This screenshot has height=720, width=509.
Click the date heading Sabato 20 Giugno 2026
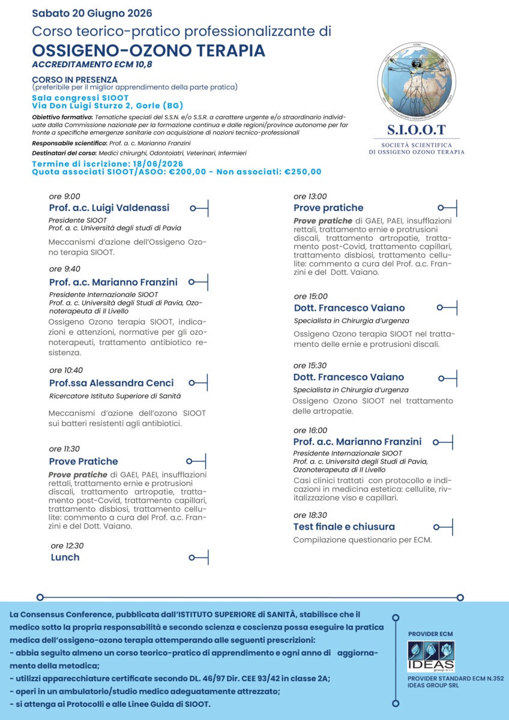point(92,13)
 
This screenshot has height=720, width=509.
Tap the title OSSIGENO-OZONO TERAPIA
point(148,50)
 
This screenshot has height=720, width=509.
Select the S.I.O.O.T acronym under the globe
point(417,130)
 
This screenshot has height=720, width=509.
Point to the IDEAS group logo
point(430,656)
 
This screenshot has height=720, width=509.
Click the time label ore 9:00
point(64,196)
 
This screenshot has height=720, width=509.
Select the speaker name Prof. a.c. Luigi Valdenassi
point(109,208)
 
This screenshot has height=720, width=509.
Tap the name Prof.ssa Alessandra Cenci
point(111,383)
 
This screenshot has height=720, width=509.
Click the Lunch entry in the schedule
point(65,557)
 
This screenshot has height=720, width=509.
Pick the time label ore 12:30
point(67,546)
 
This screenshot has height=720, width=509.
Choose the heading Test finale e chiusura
point(344,527)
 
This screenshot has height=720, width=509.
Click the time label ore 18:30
point(310,515)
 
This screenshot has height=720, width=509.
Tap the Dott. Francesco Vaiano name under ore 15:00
point(349,308)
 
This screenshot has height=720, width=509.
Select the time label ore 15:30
point(310,365)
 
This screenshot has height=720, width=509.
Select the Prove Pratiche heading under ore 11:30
point(83,461)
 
